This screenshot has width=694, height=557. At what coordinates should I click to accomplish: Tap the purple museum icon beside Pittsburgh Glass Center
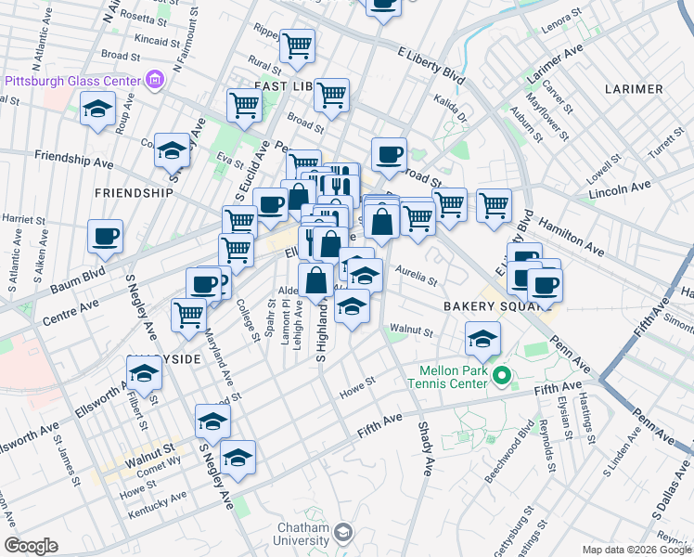(x=155, y=81)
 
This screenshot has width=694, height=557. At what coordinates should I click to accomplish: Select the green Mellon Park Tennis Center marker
(x=502, y=376)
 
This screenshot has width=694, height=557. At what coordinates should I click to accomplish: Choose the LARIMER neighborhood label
(x=633, y=89)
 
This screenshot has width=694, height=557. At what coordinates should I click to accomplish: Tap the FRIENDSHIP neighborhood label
(x=134, y=193)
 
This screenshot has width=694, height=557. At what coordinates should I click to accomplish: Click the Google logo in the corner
(x=31, y=546)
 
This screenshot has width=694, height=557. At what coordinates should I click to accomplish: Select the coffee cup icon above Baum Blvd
(x=105, y=236)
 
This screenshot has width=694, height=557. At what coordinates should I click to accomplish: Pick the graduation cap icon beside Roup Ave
(x=97, y=109)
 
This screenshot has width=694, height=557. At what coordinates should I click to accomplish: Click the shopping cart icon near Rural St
(x=297, y=45)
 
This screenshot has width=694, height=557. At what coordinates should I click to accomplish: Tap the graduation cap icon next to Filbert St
(x=144, y=374)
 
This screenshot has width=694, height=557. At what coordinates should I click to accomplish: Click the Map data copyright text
(x=636, y=550)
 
